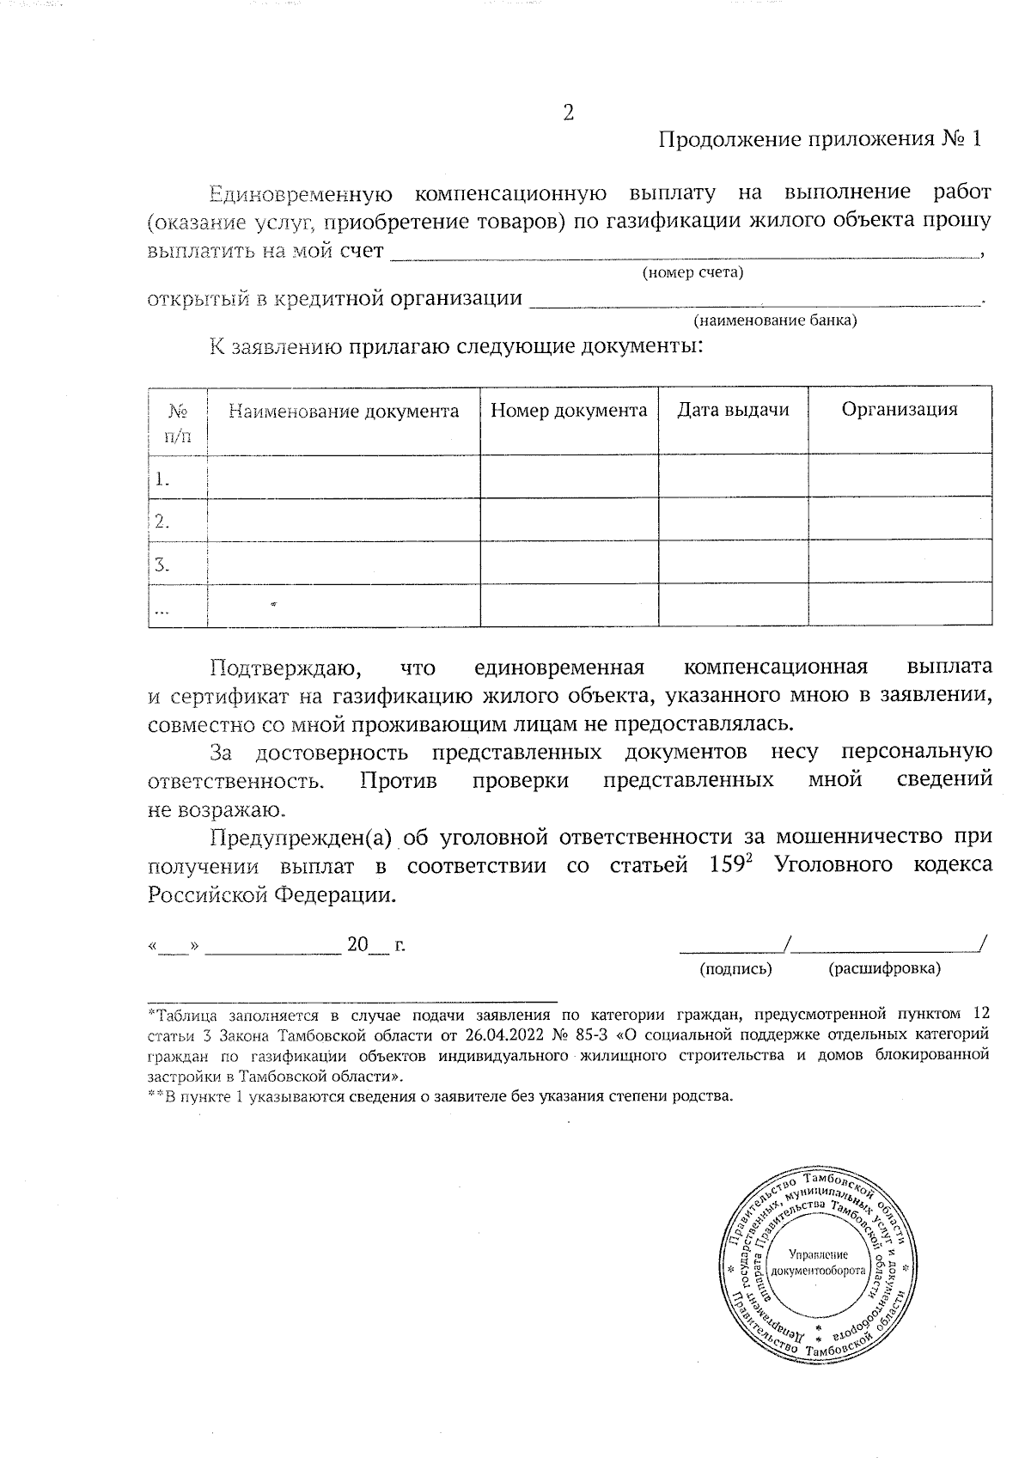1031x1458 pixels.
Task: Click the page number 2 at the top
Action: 567,113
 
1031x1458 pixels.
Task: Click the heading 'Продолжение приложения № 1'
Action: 819,140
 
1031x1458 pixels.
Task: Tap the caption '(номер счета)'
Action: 692,273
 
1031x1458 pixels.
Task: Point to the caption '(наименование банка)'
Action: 775,320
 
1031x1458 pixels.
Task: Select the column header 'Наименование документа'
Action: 344,411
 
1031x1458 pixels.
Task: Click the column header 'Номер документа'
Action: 569,410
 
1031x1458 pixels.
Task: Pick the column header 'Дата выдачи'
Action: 733,410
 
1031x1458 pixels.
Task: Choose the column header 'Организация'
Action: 899,409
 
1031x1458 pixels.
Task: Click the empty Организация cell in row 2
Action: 900,519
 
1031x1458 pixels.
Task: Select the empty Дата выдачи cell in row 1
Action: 733,475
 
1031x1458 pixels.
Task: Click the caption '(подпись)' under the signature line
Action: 735,968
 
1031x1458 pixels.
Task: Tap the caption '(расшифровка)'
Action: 884,968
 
